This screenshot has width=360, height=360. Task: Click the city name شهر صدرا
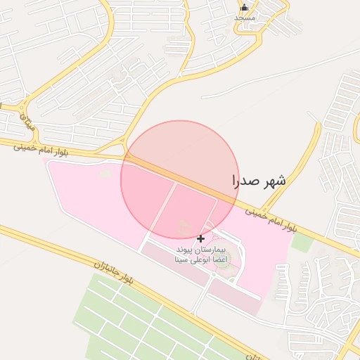click(x=259, y=181)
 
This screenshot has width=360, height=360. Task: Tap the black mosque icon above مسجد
click(x=244, y=7)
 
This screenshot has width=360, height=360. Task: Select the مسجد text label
click(x=244, y=17)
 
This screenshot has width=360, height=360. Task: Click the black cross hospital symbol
click(x=200, y=239)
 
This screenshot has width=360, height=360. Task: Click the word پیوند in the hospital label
click(x=184, y=250)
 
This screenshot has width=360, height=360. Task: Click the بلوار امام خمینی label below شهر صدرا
click(x=275, y=219)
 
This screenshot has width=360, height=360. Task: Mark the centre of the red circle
click(x=179, y=179)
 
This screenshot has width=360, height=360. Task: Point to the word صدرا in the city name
click(x=246, y=181)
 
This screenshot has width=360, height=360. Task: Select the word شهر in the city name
click(x=274, y=181)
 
